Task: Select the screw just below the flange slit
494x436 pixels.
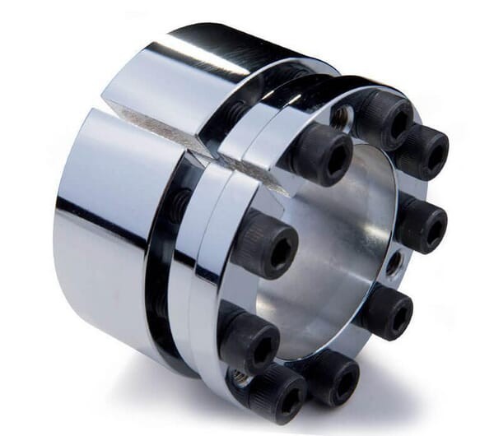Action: pyautogui.click(x=324, y=154)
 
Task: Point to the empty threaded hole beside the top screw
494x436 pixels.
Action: pyautogui.click(x=341, y=116)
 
